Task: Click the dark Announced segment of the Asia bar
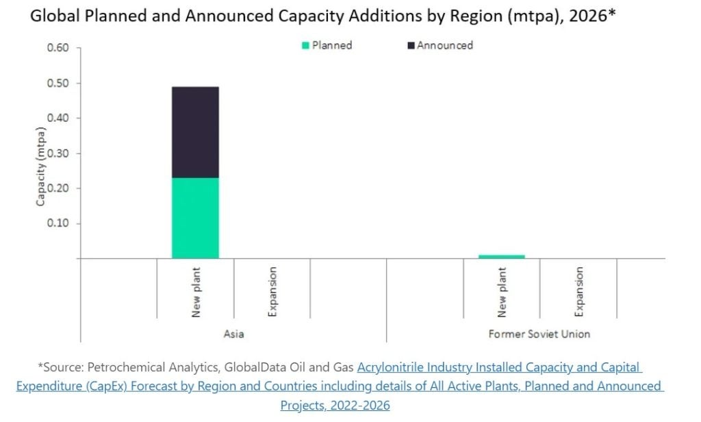tap(195, 132)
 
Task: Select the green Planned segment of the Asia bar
tap(195, 218)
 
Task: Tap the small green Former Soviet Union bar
tap(502, 256)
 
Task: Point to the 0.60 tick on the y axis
tap(58, 48)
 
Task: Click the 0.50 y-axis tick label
tap(58, 83)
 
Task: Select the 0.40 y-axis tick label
tap(58, 118)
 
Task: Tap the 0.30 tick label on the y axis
tap(58, 153)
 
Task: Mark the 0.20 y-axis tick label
tap(58, 188)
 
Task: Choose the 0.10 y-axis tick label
tap(58, 223)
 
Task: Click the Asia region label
tap(233, 334)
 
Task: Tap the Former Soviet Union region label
tap(539, 334)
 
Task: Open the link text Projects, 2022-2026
tap(335, 405)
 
